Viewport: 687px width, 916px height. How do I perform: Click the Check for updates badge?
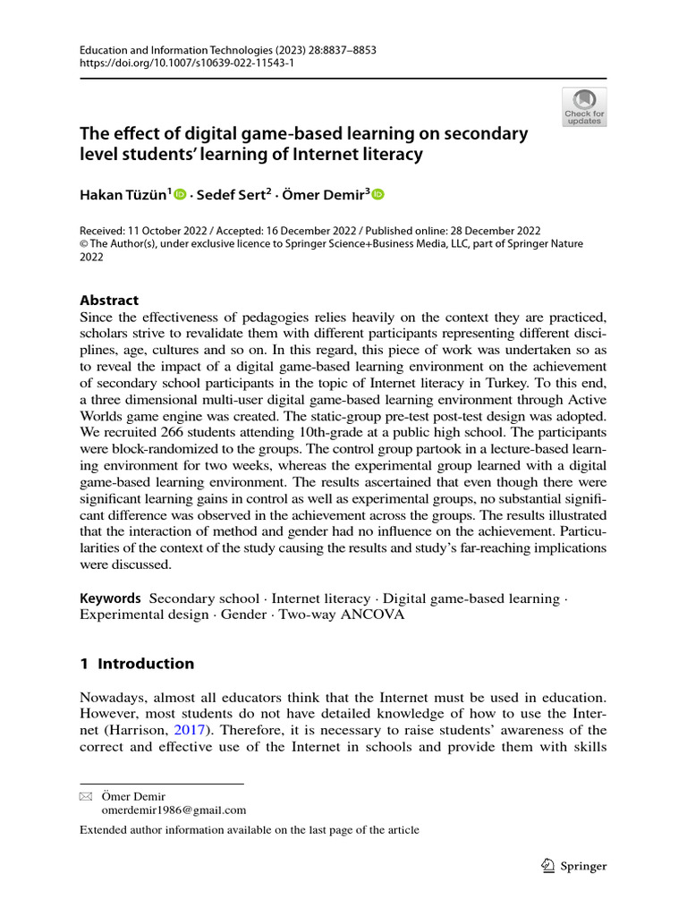[x=584, y=106]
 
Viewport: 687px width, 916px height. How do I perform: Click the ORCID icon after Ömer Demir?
[x=377, y=194]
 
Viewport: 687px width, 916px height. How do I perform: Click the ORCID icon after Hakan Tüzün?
[x=180, y=194]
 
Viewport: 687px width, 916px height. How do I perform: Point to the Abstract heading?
[x=109, y=301]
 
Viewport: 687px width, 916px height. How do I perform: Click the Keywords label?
[x=110, y=598]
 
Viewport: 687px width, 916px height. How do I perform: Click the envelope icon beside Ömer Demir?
[x=86, y=796]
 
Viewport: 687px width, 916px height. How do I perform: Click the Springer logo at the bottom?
[x=575, y=866]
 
